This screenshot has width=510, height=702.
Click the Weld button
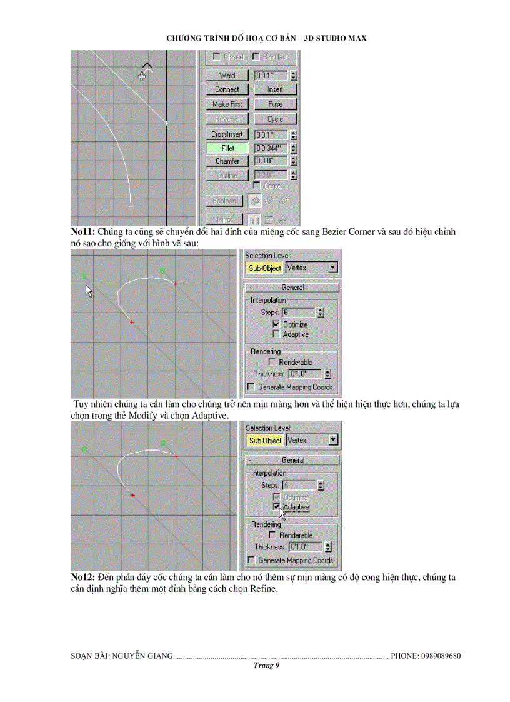pos(227,75)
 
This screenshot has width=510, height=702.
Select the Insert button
pos(275,89)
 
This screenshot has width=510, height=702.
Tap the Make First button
pos(227,104)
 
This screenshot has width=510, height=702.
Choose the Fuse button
pos(275,104)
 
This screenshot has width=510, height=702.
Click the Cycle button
pos(275,119)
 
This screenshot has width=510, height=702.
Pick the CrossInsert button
pos(227,134)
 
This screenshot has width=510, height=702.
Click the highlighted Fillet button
pos(227,148)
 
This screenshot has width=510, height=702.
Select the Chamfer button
pos(227,161)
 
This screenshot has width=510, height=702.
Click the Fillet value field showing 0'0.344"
pos(271,148)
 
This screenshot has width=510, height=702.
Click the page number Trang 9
pos(266,666)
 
